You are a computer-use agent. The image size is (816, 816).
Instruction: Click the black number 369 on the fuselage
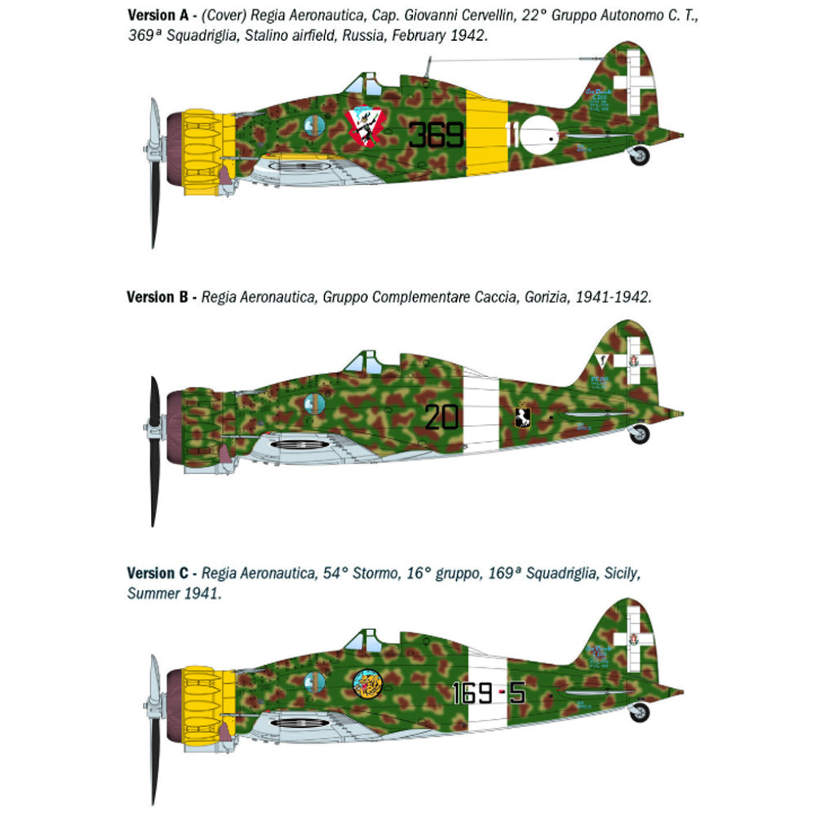point(436,134)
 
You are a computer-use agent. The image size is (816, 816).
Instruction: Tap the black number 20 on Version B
point(441,417)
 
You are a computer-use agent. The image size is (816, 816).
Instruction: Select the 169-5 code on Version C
point(489,694)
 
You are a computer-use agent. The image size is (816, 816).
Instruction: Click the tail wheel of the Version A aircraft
point(639,155)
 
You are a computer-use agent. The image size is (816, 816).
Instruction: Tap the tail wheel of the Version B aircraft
point(639,434)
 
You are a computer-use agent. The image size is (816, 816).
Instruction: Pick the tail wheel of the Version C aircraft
point(639,712)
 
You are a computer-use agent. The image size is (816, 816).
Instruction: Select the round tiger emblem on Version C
point(368,685)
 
